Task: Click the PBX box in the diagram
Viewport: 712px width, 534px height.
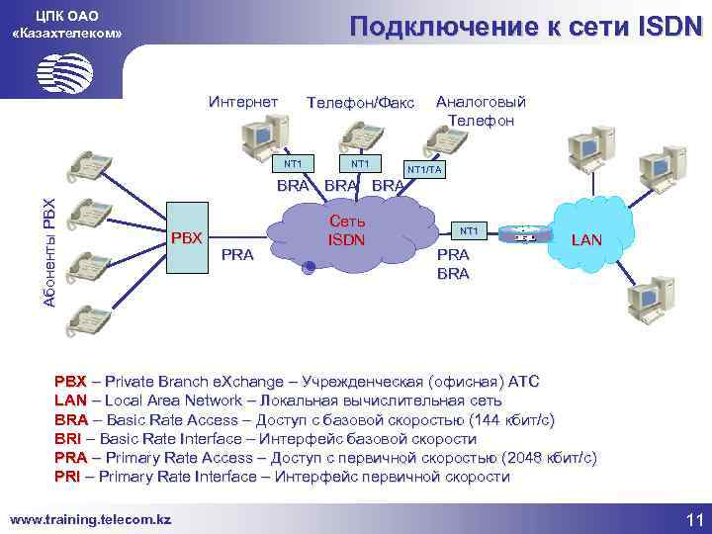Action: point(186,237)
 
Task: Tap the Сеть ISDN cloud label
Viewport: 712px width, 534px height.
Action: point(347,231)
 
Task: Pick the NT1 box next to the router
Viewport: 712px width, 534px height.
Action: point(469,230)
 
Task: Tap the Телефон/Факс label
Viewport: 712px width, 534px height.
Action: point(361,103)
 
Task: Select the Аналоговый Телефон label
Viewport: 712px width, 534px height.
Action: point(481,111)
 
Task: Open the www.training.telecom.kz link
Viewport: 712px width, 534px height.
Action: point(90,518)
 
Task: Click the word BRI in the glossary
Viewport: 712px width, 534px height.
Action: point(68,438)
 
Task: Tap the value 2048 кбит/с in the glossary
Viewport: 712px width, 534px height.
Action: point(550,458)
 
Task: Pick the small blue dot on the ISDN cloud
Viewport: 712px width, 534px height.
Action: point(310,266)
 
